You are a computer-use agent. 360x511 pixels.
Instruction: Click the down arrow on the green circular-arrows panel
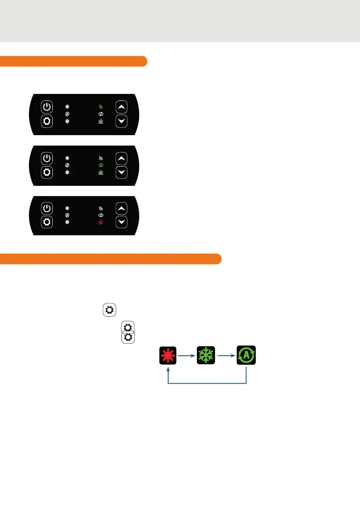[122, 172]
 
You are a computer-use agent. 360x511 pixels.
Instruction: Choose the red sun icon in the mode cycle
[168, 356]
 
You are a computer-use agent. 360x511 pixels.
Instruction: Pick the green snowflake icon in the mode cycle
[206, 356]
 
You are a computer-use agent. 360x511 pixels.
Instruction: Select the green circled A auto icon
[246, 356]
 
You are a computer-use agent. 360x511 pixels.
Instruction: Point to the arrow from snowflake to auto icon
[226, 356]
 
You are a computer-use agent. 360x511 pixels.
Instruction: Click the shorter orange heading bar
[73, 61]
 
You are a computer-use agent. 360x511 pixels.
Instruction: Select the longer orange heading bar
[111, 259]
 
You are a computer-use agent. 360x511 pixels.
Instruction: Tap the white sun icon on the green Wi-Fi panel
[67, 106]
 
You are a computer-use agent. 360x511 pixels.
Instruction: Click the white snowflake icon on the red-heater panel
[67, 223]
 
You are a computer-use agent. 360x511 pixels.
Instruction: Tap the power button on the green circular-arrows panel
[47, 158]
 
